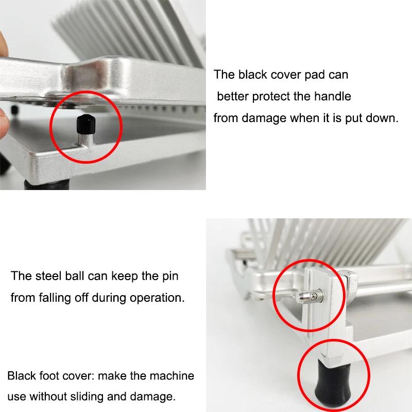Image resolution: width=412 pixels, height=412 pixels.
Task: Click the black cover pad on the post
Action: tap(85, 124)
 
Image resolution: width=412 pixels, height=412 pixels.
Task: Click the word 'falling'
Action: tap(55, 298)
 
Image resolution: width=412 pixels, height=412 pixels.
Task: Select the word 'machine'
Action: tap(172, 376)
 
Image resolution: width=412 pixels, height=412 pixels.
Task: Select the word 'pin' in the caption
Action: tap(170, 277)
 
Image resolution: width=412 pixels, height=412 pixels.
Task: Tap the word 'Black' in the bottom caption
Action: tap(22, 376)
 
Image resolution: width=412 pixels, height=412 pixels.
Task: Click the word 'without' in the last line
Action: tap(48, 397)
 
